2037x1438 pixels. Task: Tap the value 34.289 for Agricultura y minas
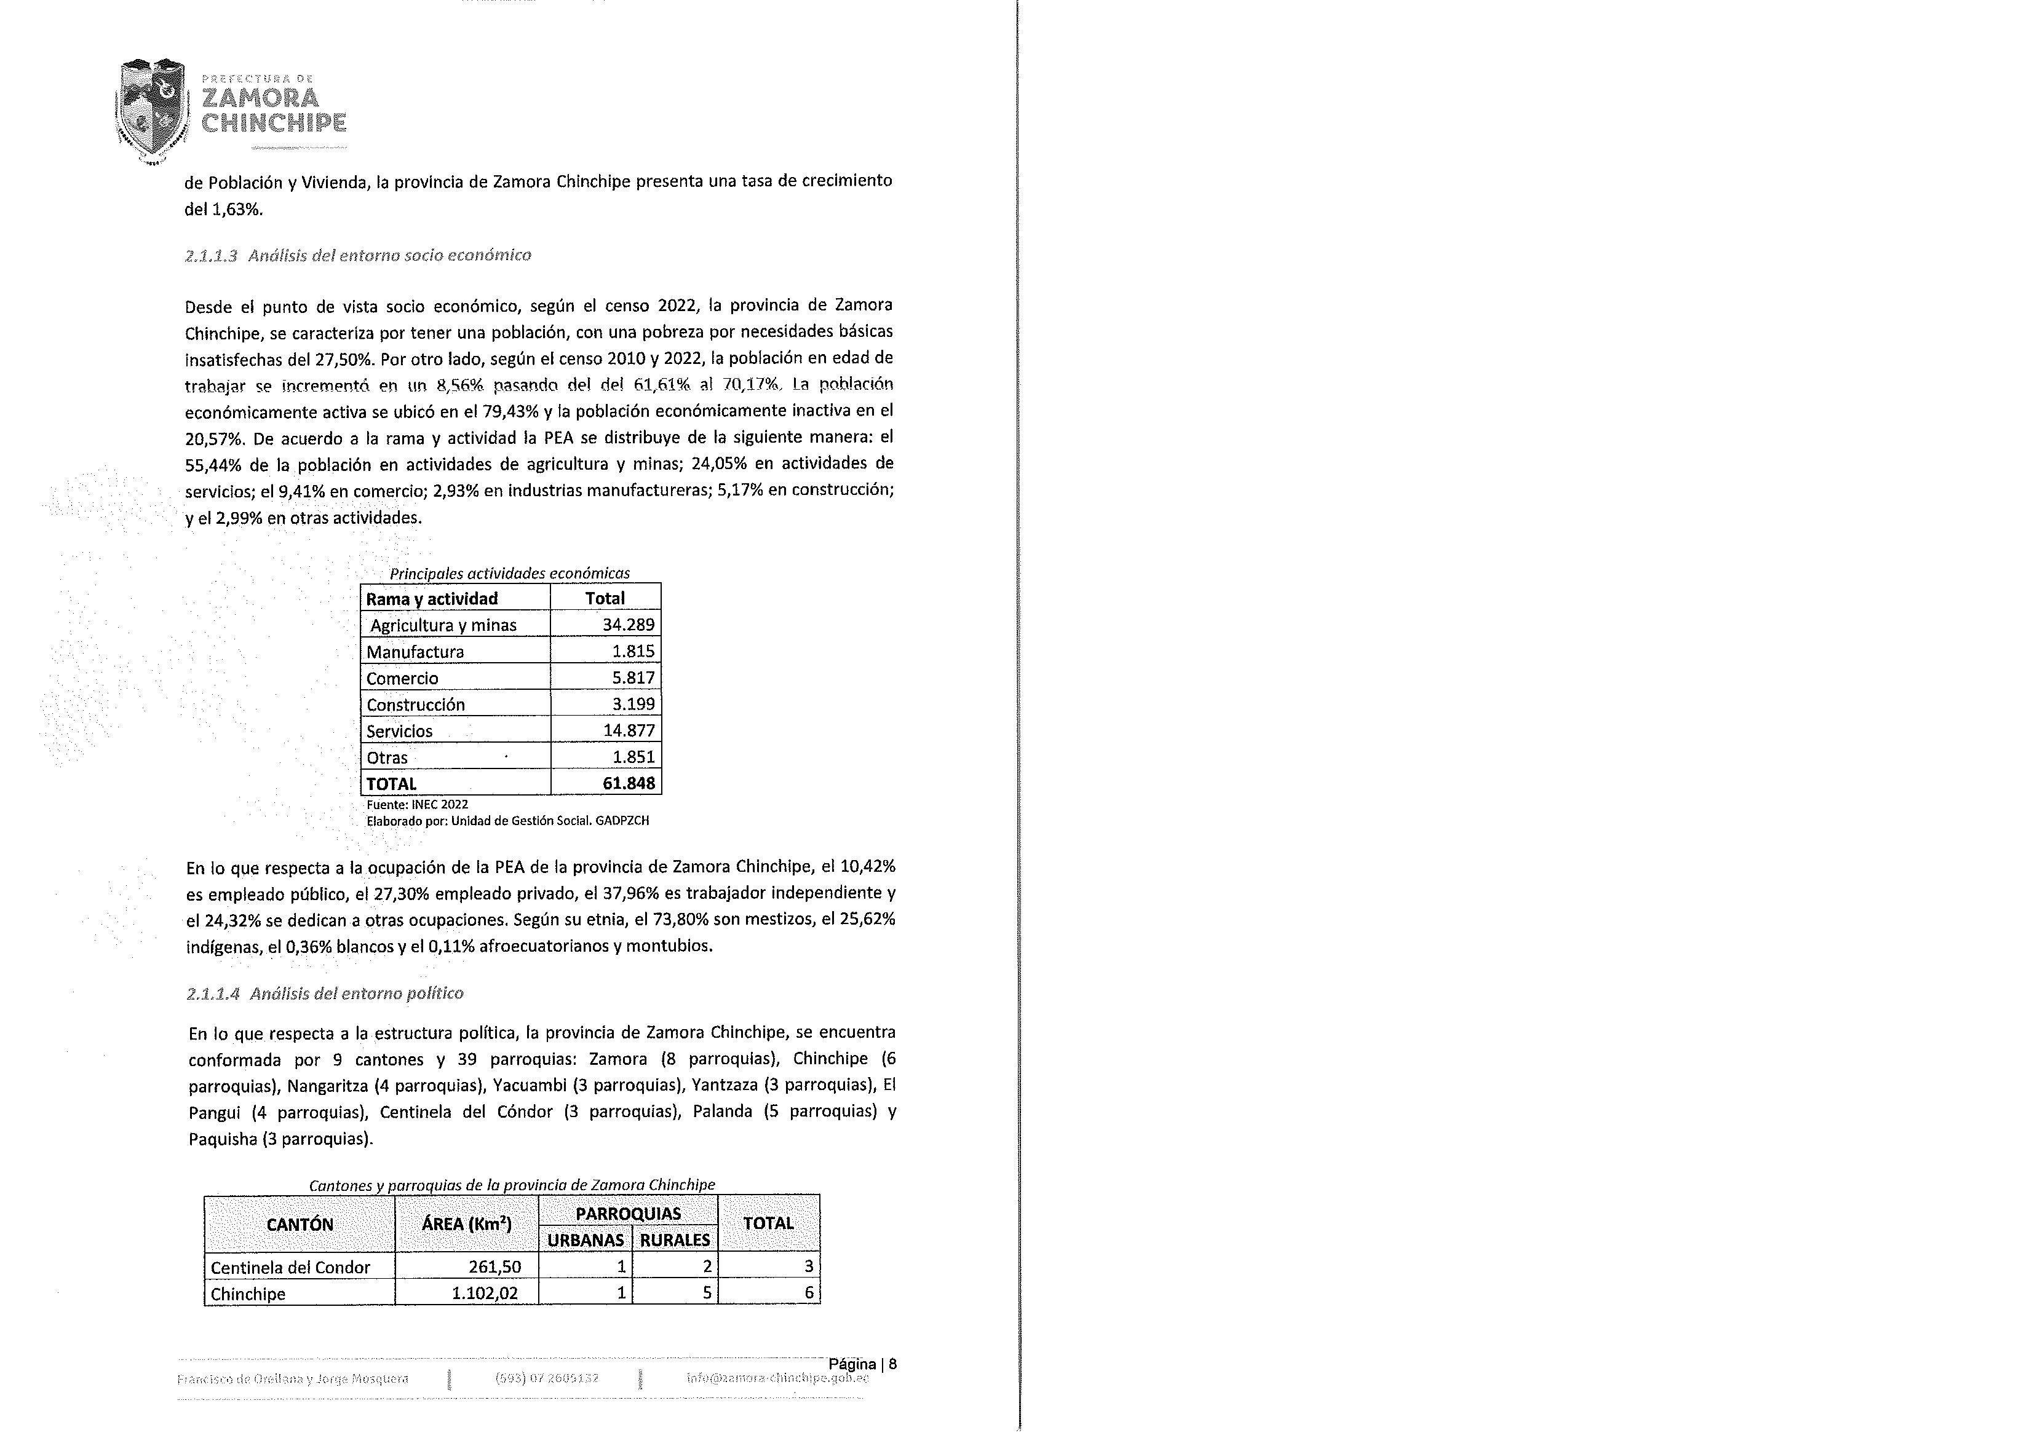tap(628, 625)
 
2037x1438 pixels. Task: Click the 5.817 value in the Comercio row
tap(633, 678)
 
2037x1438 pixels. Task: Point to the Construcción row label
tap(416, 705)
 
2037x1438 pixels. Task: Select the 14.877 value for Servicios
tap(628, 731)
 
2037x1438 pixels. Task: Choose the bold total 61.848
tap(627, 783)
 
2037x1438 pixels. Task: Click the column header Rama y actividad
tap(432, 599)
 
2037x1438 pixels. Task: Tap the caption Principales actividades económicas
tap(510, 573)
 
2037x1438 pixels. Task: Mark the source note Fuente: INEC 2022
tap(417, 805)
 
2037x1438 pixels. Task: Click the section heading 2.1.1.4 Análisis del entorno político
tap(325, 994)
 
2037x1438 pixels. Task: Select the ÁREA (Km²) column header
tap(467, 1224)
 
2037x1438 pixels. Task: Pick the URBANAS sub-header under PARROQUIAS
tap(586, 1240)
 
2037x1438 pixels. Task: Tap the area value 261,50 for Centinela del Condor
tap(495, 1267)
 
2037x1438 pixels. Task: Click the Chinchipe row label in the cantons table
tap(248, 1294)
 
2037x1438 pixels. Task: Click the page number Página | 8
tap(862, 1364)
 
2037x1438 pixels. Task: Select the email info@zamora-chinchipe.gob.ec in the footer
tap(777, 1378)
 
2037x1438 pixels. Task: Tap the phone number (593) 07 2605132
tap(547, 1378)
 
